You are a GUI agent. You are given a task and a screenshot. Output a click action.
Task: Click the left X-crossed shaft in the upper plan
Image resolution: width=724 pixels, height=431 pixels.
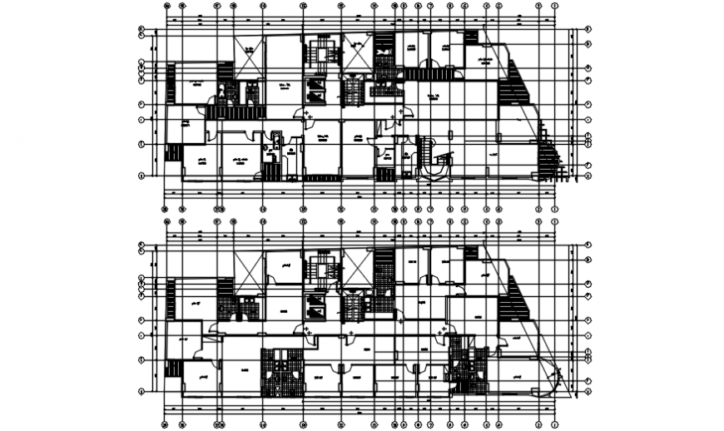point(249,51)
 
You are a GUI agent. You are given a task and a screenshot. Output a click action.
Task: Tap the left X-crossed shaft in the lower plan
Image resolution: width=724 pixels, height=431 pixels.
point(249,268)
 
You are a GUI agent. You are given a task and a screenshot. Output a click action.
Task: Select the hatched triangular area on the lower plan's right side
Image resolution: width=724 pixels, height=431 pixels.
point(515,300)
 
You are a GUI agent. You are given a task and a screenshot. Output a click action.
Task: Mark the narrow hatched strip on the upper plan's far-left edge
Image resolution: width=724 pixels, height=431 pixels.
point(171,82)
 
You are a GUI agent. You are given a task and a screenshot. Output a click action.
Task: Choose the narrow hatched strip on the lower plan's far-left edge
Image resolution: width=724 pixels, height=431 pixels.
point(171,300)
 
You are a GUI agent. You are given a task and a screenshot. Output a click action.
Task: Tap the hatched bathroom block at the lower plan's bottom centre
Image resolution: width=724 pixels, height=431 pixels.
point(280,373)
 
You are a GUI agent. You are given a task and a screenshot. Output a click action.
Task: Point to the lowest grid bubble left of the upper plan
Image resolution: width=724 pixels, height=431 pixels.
point(142,176)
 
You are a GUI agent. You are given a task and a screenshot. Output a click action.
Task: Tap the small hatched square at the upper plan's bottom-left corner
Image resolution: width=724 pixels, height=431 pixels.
point(174,151)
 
